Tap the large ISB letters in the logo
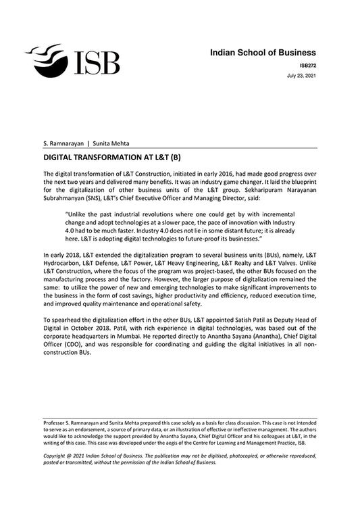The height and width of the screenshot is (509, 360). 97,62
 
